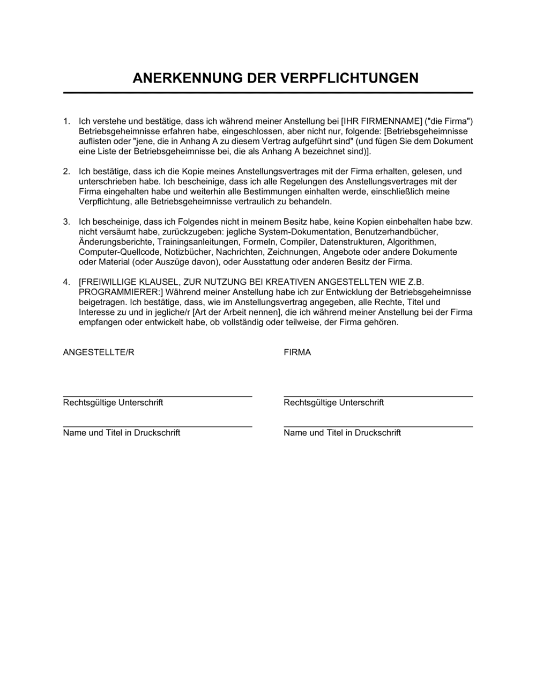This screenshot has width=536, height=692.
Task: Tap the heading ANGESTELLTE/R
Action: pos(99,352)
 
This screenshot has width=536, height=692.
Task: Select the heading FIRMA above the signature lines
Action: pos(297,352)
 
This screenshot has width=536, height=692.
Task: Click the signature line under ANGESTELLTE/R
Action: pos(158,396)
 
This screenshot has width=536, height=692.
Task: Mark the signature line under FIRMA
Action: pos(378,396)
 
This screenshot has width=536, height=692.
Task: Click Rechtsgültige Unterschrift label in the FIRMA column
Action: pos(333,402)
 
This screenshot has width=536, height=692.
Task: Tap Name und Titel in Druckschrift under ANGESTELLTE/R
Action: pos(121,433)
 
